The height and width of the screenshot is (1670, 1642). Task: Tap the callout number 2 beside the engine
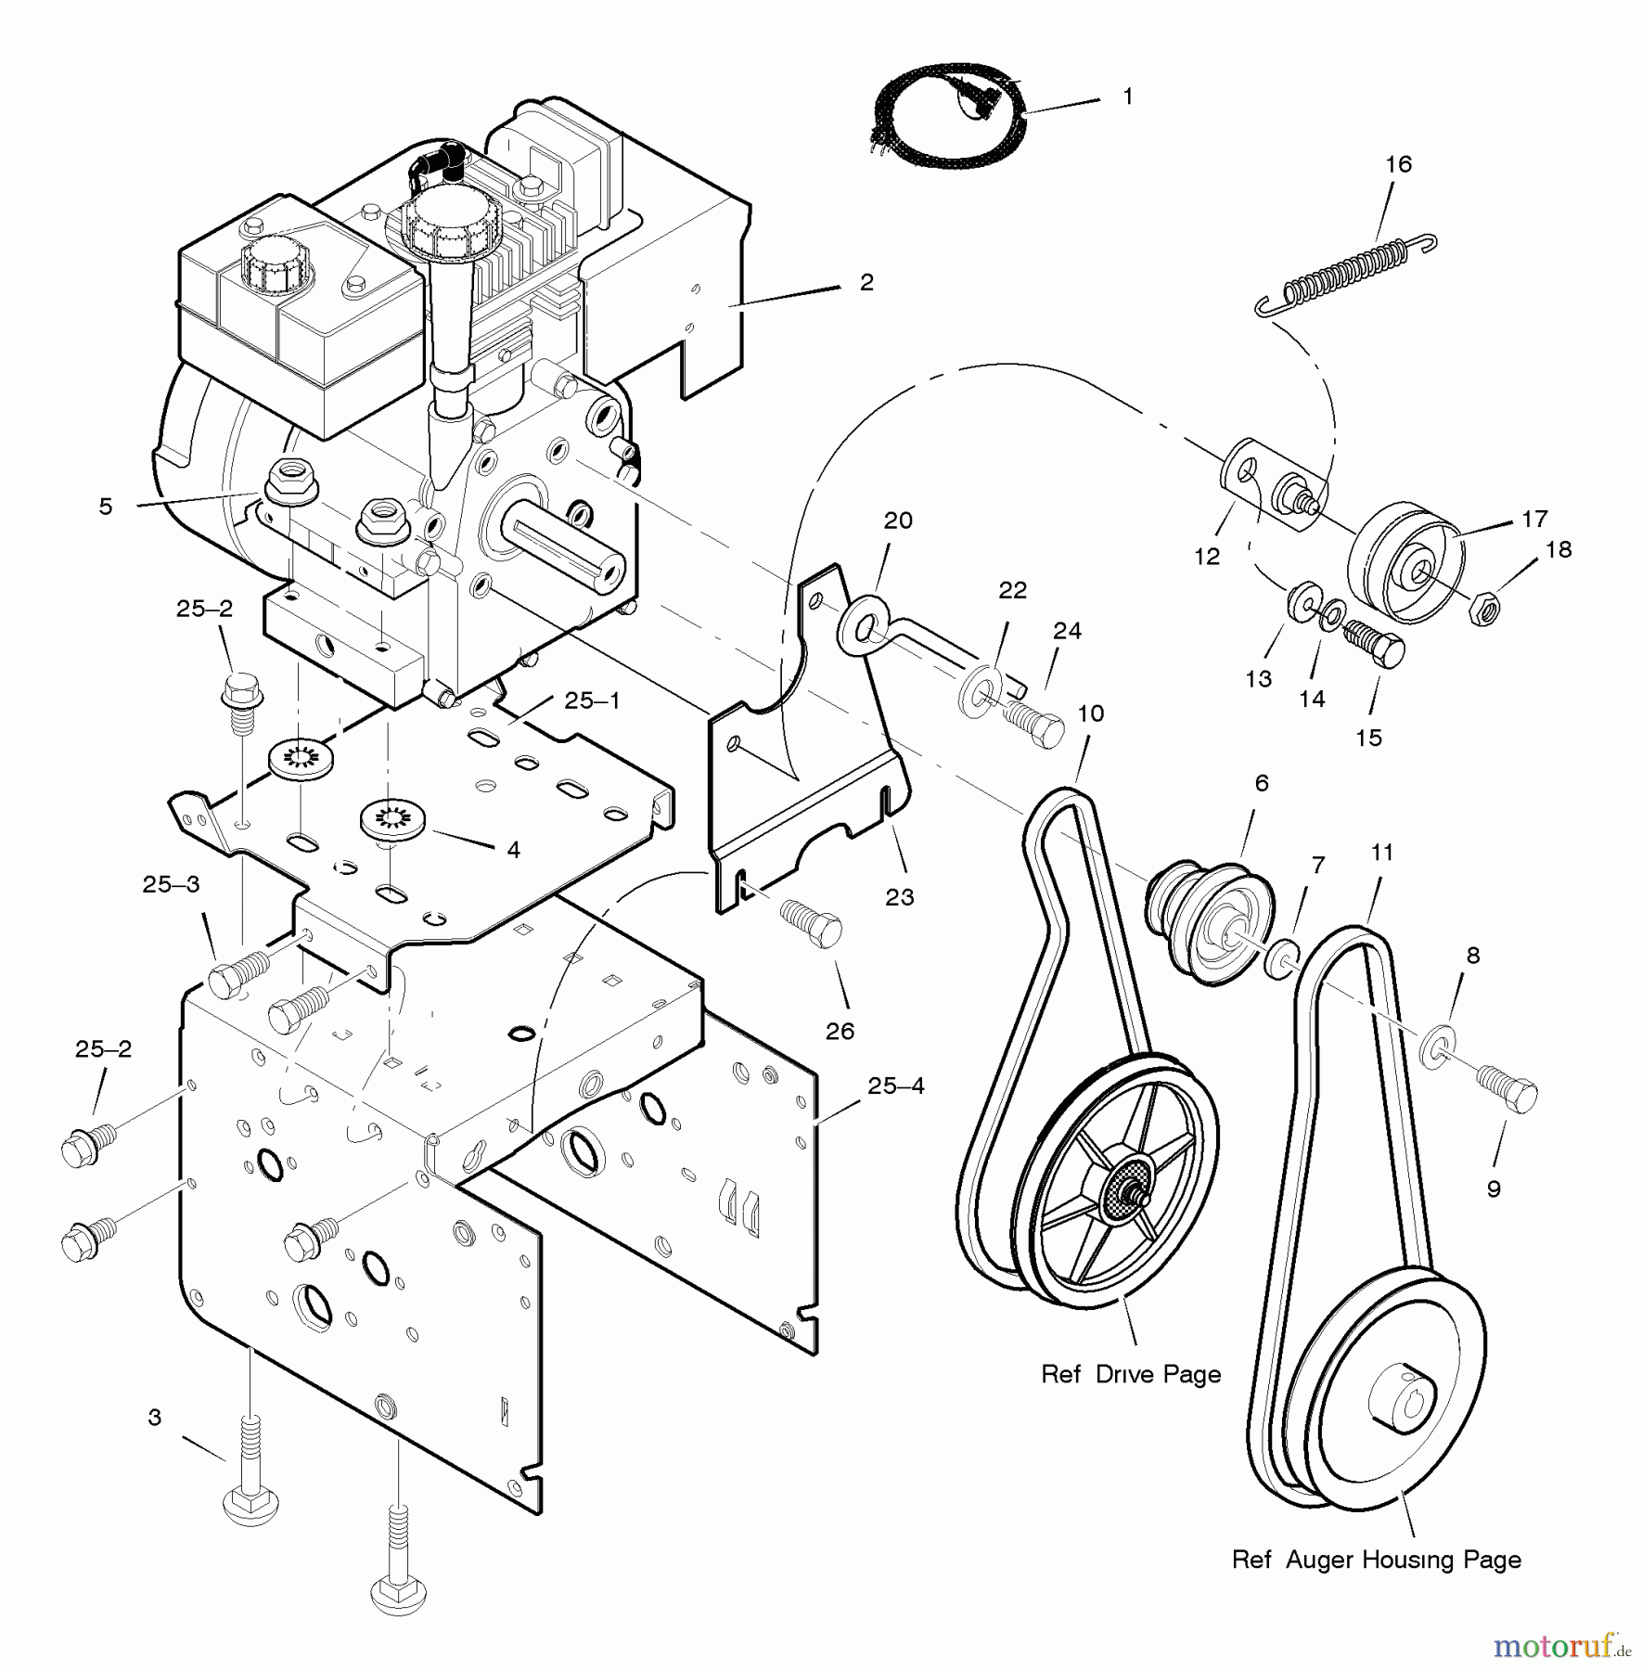866,282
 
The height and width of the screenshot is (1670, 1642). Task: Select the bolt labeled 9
1507,1091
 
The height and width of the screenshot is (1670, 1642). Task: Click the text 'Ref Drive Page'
1131,1374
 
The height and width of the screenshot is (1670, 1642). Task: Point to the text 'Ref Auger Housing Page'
1376,1560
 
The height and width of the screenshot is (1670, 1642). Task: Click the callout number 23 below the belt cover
899,897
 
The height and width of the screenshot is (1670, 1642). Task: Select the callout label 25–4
896,1085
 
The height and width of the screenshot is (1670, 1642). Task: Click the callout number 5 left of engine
106,507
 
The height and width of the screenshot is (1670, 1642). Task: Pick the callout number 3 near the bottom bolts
155,1418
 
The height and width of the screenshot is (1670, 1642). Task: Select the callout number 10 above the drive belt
1091,713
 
